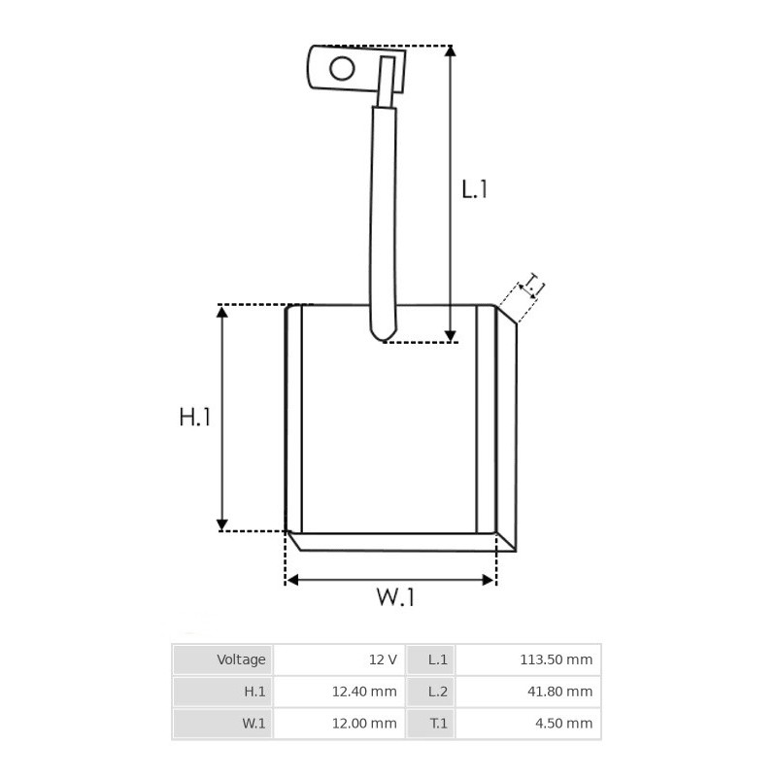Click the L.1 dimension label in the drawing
(x=474, y=188)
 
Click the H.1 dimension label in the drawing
(x=194, y=418)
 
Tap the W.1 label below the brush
(x=395, y=597)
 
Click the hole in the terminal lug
(x=341, y=68)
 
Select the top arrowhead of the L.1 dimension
(x=450, y=52)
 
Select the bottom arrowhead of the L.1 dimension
(x=450, y=334)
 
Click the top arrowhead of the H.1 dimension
(x=222, y=312)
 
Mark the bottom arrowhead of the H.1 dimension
(x=222, y=524)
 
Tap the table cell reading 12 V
(x=383, y=659)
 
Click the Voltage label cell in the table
(x=241, y=659)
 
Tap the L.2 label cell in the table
(x=438, y=692)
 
